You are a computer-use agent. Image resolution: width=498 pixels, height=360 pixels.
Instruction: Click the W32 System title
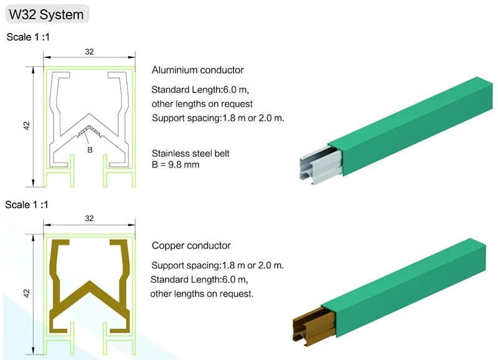(x=47, y=14)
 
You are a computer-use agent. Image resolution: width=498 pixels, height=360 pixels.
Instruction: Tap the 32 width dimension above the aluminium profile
(x=90, y=52)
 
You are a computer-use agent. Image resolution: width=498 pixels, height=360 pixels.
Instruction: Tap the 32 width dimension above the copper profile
(x=90, y=219)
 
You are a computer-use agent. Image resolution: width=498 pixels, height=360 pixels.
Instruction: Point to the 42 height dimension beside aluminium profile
(x=27, y=125)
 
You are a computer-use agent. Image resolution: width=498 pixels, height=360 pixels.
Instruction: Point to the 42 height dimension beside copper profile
(x=27, y=291)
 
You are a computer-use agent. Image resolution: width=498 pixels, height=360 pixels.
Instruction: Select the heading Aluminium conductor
(x=197, y=70)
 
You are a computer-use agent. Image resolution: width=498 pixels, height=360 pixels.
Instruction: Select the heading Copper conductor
(x=191, y=245)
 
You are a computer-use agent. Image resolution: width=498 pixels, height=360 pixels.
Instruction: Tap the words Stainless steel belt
(x=190, y=153)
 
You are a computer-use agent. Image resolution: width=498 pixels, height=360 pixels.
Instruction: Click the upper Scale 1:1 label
(x=28, y=37)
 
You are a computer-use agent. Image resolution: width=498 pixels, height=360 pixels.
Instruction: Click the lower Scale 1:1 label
(x=28, y=204)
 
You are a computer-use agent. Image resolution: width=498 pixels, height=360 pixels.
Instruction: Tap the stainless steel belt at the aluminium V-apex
(x=90, y=131)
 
